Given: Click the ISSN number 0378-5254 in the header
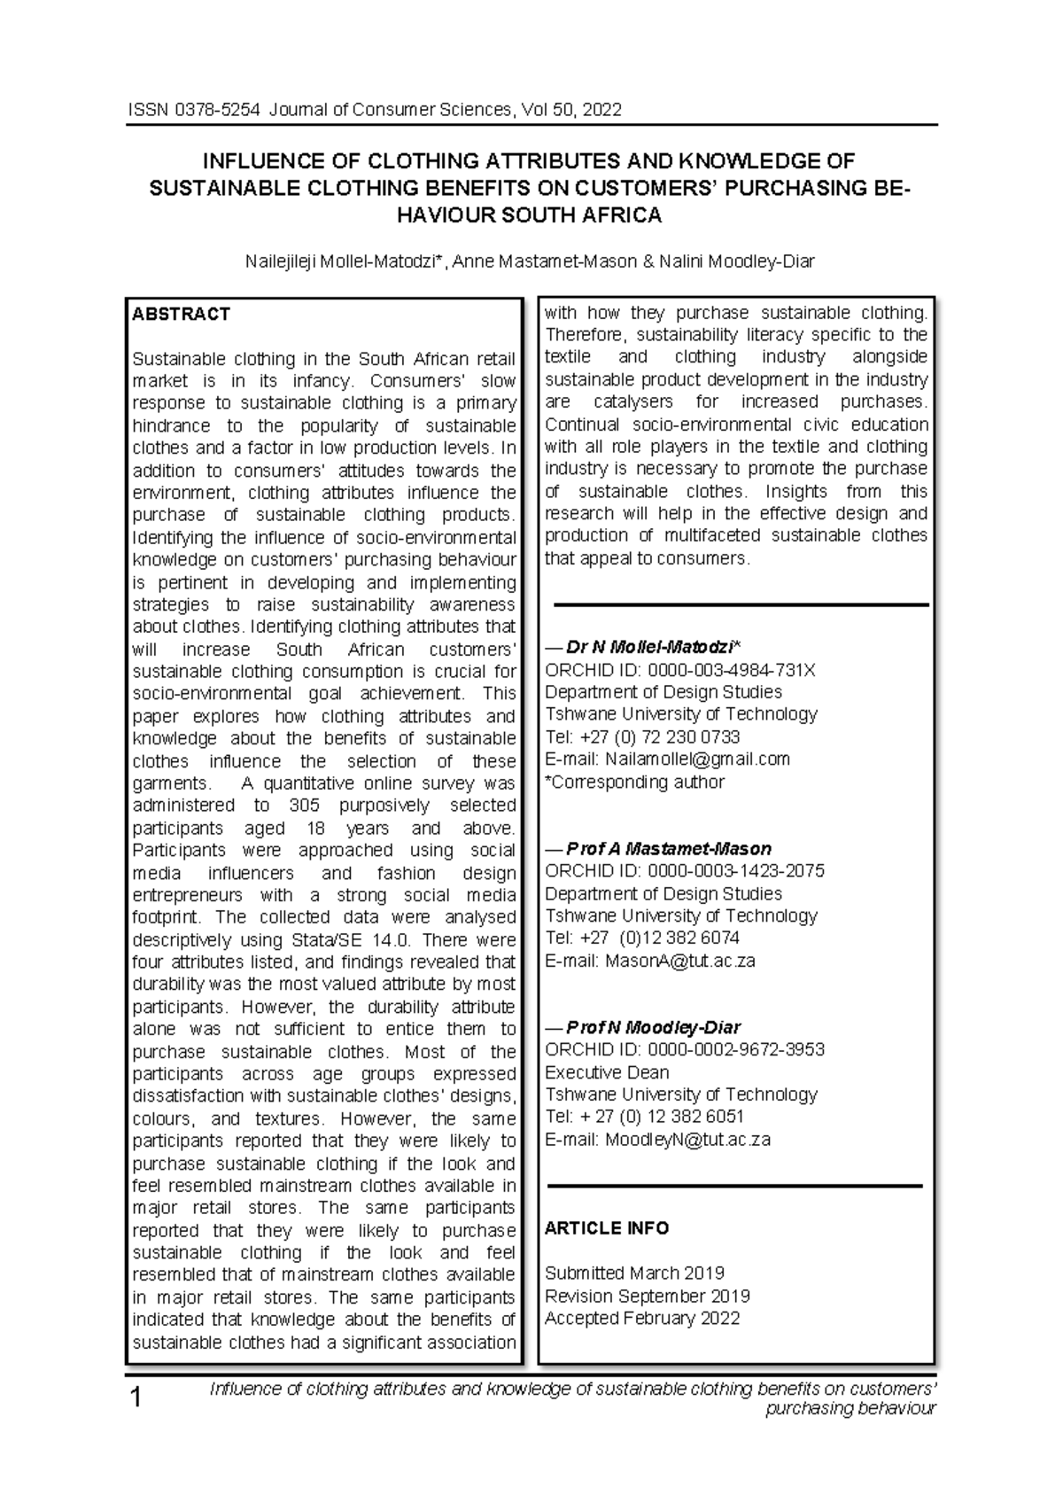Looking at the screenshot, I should (x=219, y=110).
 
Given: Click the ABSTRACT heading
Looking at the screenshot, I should (x=181, y=314).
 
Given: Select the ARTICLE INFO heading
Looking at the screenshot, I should (x=607, y=1228).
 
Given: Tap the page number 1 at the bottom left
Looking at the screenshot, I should (x=136, y=1399).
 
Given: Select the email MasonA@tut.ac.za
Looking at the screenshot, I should (x=679, y=961).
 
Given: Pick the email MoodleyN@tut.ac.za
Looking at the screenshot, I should (x=687, y=1140).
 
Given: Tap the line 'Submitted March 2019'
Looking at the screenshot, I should (x=634, y=1273).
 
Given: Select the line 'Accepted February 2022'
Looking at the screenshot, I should (x=642, y=1318).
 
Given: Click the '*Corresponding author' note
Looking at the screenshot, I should (x=634, y=782).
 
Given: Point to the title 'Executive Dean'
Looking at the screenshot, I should (x=607, y=1072).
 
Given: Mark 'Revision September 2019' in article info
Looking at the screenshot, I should (x=648, y=1296).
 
